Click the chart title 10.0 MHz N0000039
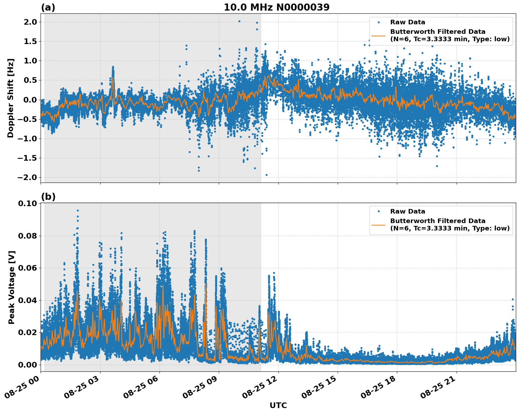pos(276,7)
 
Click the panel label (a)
pos(48,7)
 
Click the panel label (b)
pos(48,197)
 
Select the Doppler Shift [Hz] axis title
pos(11,98)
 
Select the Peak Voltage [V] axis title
pos(11,287)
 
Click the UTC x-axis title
pos(278,406)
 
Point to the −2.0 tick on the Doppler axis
pos(27,177)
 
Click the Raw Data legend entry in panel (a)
pos(408,22)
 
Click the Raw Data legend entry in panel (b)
pos(408,211)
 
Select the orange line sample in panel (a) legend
pos(378,36)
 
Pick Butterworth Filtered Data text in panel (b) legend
pos(437,221)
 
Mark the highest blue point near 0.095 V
pos(78,210)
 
